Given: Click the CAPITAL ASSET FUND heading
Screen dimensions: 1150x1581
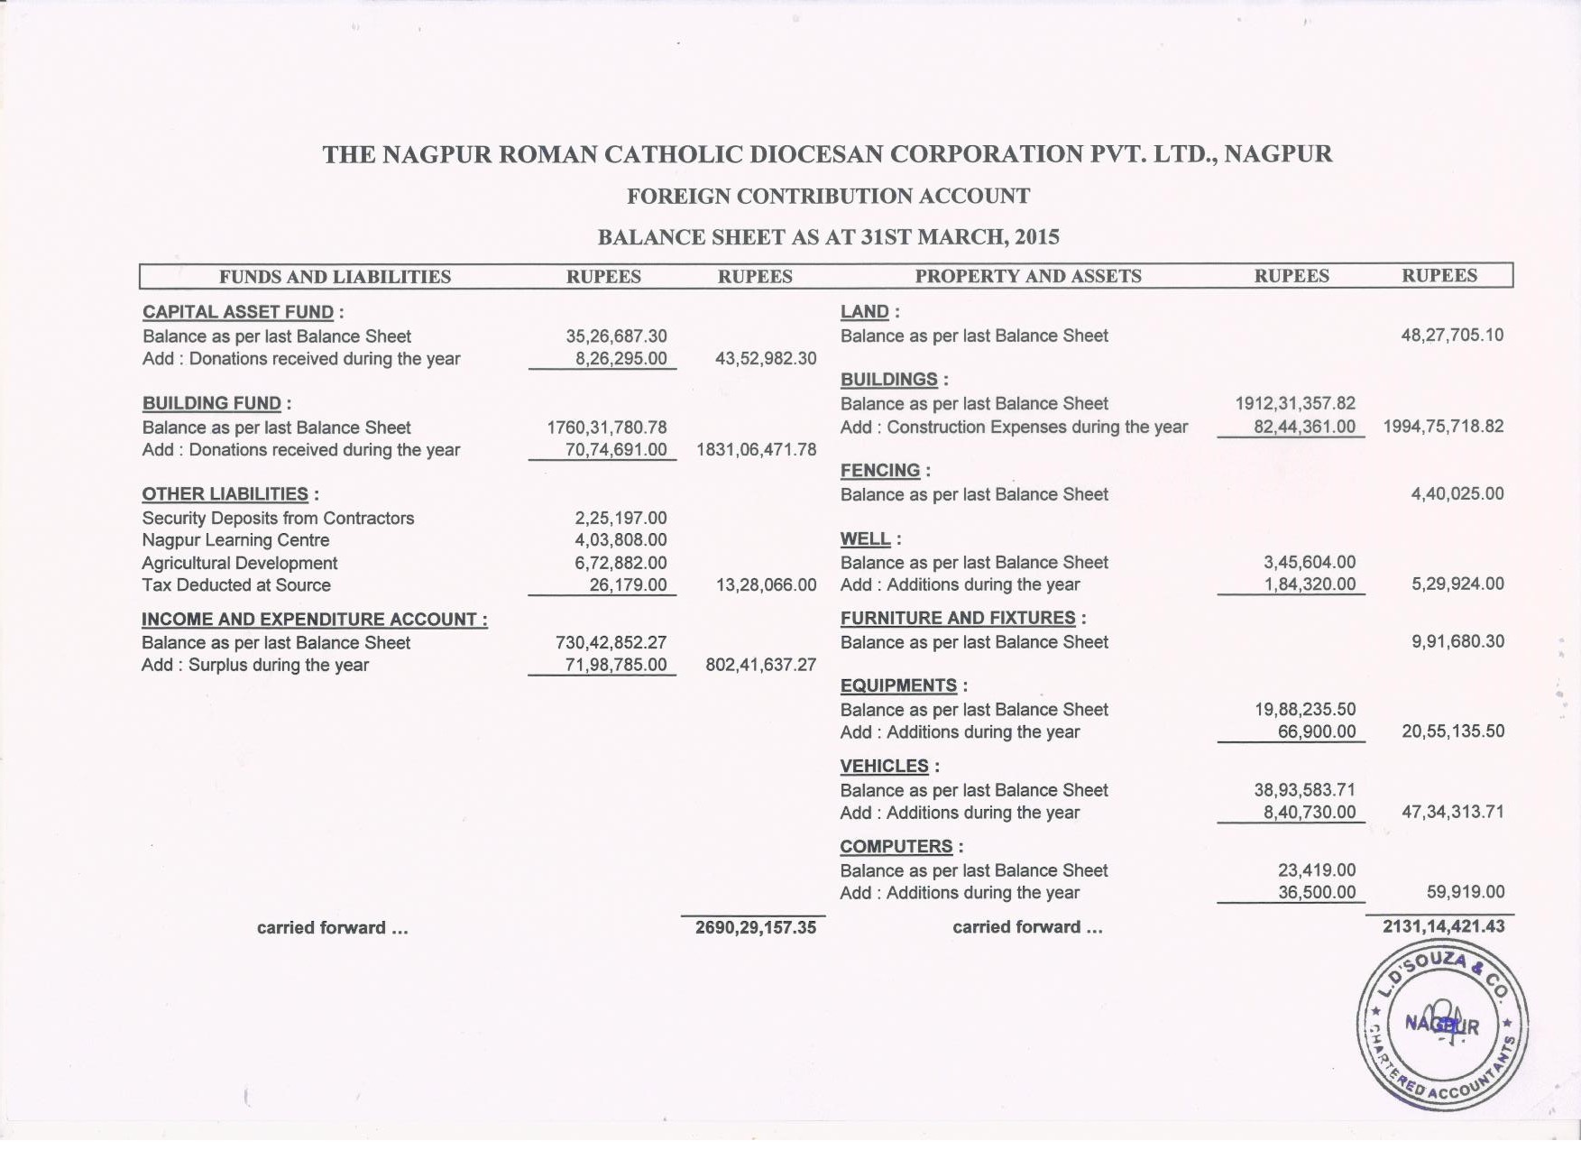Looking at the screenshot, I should pyautogui.click(x=237, y=312).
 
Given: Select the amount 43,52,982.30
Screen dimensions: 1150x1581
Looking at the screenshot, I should pyautogui.click(x=765, y=358).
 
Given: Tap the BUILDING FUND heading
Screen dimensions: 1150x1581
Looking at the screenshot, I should pyautogui.click(x=212, y=403).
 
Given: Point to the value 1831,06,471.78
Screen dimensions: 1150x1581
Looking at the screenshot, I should pyautogui.click(x=756, y=449).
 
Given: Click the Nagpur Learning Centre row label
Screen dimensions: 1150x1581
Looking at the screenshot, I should pyautogui.click(x=235, y=540).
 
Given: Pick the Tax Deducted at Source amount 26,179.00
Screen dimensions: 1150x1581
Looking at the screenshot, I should pyautogui.click(x=628, y=584).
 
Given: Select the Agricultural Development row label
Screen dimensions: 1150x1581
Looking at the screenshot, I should pyautogui.click(x=239, y=563).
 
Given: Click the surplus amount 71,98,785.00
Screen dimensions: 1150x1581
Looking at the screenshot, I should pyautogui.click(x=616, y=665).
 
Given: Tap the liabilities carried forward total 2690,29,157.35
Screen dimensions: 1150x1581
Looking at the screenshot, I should pyautogui.click(x=755, y=927).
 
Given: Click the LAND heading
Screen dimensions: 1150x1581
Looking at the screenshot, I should pyautogui.click(x=865, y=312).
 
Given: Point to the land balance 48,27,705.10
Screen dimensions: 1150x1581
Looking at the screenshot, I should pyautogui.click(x=1452, y=336).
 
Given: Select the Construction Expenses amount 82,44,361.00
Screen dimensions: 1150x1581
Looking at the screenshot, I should pyautogui.click(x=1304, y=427).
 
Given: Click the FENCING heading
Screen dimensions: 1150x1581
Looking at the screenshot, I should pyautogui.click(x=880, y=471).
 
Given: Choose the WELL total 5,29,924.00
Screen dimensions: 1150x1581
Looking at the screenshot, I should pyautogui.click(x=1457, y=584).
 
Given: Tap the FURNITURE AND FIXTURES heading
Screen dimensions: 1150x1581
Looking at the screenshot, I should pyautogui.click(x=958, y=618).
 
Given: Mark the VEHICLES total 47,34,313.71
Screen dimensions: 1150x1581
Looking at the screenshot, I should pyautogui.click(x=1452, y=812).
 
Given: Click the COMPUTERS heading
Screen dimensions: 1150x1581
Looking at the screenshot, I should pyautogui.click(x=896, y=846).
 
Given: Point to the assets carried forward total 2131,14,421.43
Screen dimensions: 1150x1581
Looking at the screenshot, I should pyautogui.click(x=1443, y=926).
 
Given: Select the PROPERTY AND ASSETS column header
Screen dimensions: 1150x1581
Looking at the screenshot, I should pyautogui.click(x=1028, y=276).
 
